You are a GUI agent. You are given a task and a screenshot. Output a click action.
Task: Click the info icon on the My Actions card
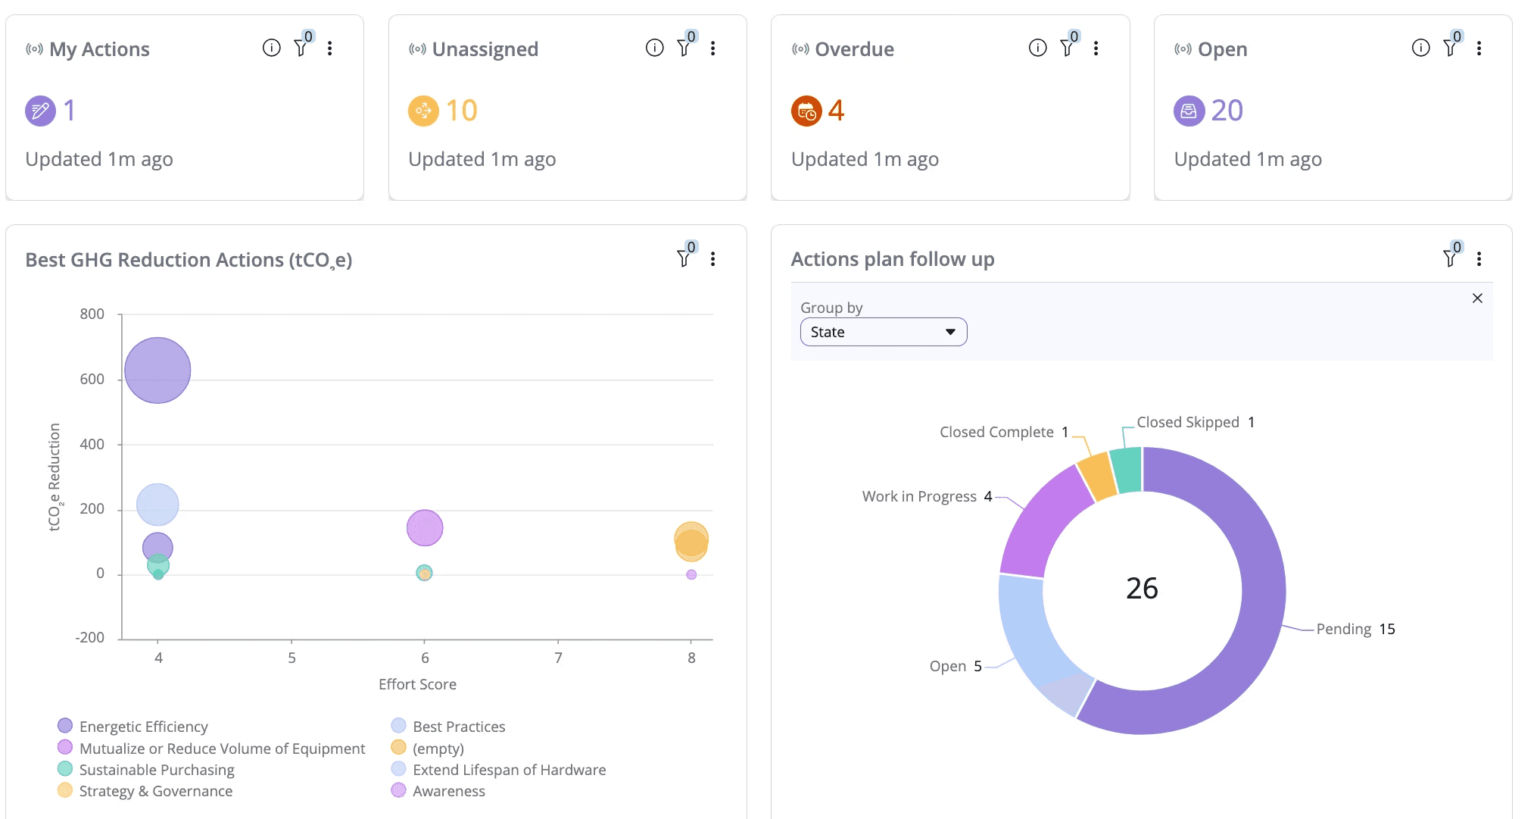[271, 48]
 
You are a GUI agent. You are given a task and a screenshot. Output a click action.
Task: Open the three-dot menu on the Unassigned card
[712, 48]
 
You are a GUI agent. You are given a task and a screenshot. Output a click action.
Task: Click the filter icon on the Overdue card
[1067, 48]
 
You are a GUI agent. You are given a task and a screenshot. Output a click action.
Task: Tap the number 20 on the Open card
[1227, 111]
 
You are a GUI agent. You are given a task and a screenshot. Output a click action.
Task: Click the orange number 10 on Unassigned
[461, 111]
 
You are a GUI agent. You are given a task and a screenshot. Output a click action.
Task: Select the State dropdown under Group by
[883, 332]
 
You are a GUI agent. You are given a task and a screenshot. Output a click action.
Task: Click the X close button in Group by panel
[1476, 299]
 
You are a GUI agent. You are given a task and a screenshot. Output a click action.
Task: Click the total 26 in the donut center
[1142, 589]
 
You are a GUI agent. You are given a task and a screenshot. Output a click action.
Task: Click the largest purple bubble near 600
[157, 370]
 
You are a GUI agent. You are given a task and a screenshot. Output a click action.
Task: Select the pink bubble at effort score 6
[425, 528]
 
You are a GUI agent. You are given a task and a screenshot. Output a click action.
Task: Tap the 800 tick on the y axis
[92, 314]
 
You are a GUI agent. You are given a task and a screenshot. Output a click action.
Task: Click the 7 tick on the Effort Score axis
[558, 658]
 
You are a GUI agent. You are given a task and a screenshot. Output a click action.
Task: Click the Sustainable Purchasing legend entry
[156, 770]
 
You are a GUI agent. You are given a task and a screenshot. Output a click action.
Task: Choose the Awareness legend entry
[448, 791]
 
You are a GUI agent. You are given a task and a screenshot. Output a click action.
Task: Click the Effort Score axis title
[417, 684]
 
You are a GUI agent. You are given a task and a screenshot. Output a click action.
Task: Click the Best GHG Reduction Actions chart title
[189, 260]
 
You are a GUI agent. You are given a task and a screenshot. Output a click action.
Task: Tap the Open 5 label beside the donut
[955, 666]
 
